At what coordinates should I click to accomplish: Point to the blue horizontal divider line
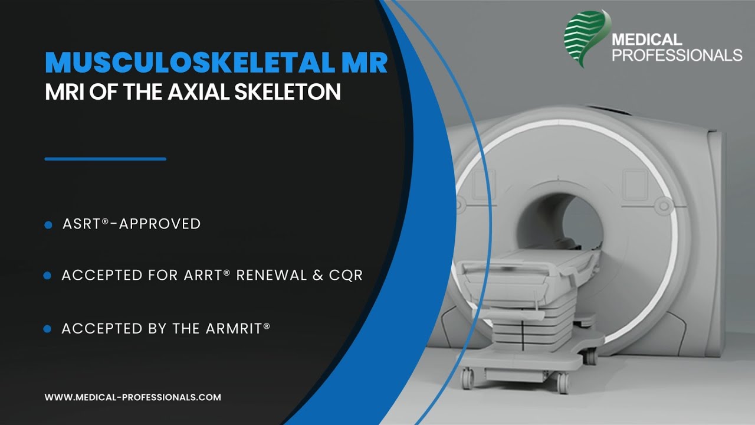(105, 159)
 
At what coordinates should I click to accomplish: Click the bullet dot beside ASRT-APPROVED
(48, 225)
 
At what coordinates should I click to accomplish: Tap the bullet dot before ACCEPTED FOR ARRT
(48, 276)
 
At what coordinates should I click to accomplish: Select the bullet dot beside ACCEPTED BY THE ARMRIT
(48, 329)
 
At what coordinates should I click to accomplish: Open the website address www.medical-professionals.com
(133, 397)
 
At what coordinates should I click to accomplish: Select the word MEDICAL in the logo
(646, 40)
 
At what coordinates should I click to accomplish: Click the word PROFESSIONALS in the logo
(677, 55)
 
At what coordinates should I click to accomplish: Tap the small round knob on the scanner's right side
(665, 204)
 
